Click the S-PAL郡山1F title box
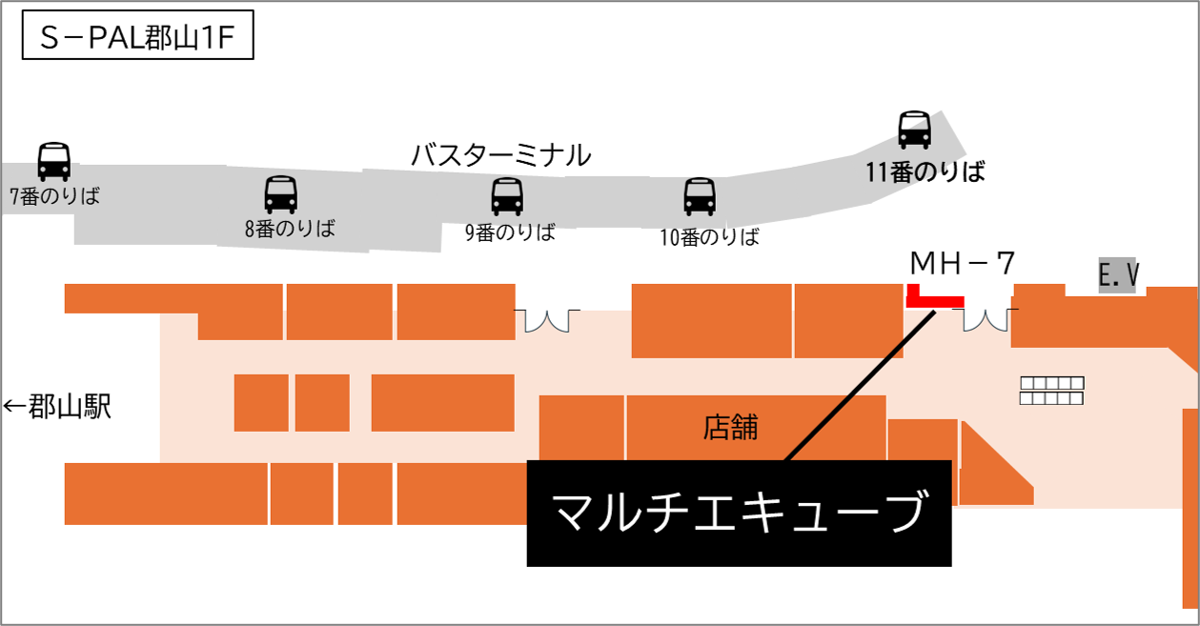tap(137, 40)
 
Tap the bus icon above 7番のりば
tap(53, 161)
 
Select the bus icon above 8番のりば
tap(280, 194)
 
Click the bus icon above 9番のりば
tap(507, 197)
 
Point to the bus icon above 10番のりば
tap(699, 196)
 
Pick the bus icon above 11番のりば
tap(914, 130)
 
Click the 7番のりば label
tap(54, 197)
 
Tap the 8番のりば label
tap(290, 229)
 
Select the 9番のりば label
tap(510, 232)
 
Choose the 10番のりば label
tap(709, 237)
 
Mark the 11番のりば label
tap(925, 172)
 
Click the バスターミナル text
tap(500, 154)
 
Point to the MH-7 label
tap(961, 262)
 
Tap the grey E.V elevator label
tap(1119, 275)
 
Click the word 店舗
tap(730, 427)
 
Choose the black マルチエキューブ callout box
tap(739, 514)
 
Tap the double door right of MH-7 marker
tap(985, 317)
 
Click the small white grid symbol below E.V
tap(1051, 391)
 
